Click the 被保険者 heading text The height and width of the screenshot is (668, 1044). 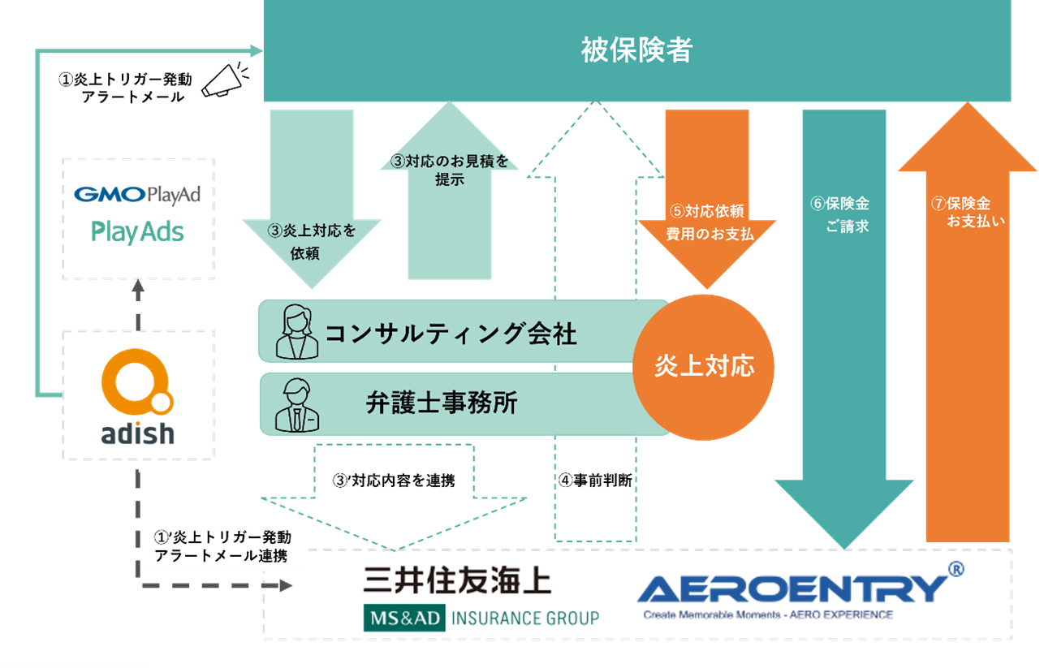point(636,51)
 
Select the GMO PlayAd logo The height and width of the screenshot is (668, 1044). point(137,195)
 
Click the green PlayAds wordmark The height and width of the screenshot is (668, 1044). point(137,232)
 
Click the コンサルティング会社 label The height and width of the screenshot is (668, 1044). point(451,333)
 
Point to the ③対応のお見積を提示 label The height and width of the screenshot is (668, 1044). point(449,170)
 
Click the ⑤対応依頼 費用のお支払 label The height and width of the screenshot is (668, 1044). point(703,222)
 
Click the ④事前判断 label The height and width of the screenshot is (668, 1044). point(594,480)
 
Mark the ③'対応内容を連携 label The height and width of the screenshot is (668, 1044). point(394,480)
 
